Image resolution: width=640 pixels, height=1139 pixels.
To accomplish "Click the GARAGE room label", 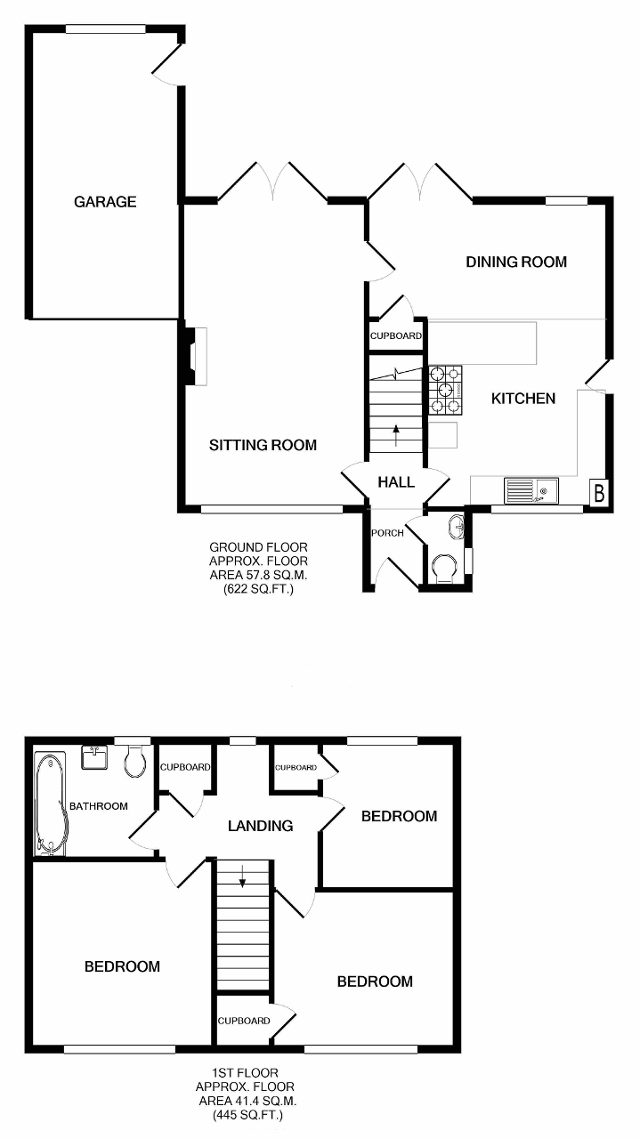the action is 105,202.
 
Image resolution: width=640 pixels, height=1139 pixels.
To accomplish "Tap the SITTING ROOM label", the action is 263,445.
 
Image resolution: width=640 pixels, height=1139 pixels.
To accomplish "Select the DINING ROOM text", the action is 516,262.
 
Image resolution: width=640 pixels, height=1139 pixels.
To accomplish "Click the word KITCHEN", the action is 523,398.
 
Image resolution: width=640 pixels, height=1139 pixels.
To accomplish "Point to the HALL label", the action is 396,482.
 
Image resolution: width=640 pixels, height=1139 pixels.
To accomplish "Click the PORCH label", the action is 388,533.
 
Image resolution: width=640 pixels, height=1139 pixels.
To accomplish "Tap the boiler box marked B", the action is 599,493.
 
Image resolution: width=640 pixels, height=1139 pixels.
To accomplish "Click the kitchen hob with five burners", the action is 445,390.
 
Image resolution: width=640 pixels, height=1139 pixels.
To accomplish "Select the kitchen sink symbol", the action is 531,490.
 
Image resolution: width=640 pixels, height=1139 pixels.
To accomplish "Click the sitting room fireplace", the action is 195,356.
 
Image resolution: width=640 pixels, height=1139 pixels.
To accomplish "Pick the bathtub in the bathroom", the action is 51,804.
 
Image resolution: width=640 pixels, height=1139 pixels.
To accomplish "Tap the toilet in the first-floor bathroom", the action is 135,761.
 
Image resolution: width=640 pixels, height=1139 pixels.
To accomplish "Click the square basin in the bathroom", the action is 94,757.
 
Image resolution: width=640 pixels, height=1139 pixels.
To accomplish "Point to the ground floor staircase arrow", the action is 396,436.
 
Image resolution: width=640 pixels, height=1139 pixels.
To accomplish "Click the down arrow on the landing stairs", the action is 243,876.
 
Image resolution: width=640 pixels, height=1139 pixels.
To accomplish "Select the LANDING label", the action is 260,826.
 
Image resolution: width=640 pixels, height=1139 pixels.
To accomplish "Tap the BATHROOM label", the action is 99,806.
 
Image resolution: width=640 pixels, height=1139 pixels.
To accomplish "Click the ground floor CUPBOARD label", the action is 396,335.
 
